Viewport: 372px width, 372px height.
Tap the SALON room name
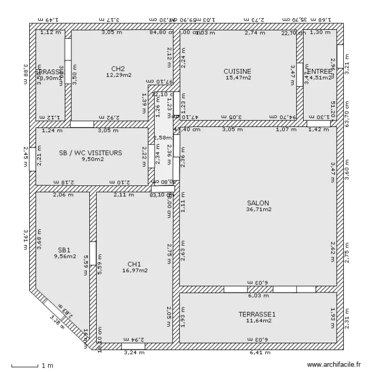(x=258, y=202)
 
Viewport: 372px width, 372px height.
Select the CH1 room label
(x=134, y=264)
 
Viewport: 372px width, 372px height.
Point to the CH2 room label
(x=118, y=68)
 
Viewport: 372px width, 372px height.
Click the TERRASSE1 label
(x=256, y=314)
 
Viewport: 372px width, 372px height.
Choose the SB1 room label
(x=65, y=250)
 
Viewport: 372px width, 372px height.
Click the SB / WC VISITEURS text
(x=90, y=153)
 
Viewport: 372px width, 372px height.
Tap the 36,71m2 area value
(x=258, y=209)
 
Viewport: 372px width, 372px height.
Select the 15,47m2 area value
(x=238, y=77)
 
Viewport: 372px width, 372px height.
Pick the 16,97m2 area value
(x=134, y=270)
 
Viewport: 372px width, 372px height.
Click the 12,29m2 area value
(x=118, y=75)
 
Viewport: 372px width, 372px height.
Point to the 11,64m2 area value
(x=256, y=320)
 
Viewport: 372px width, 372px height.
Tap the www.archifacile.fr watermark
(x=333, y=365)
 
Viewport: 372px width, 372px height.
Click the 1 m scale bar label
(x=48, y=366)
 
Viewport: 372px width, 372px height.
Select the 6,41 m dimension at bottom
(x=260, y=353)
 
